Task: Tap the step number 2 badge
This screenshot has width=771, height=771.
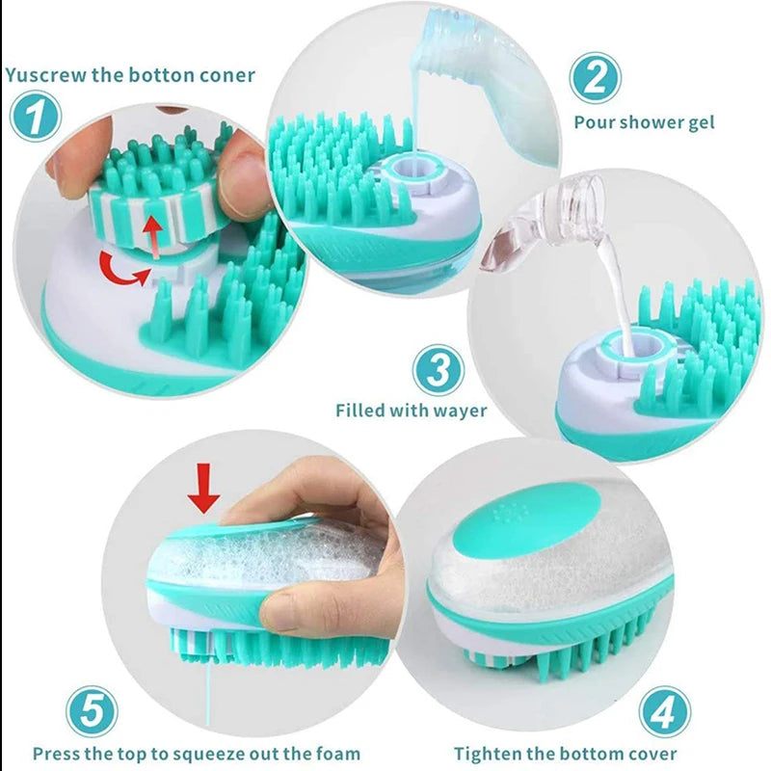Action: pos(594,76)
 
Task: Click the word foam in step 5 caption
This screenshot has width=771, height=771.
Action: pos(339,754)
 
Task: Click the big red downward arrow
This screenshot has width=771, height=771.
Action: pos(203,487)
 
